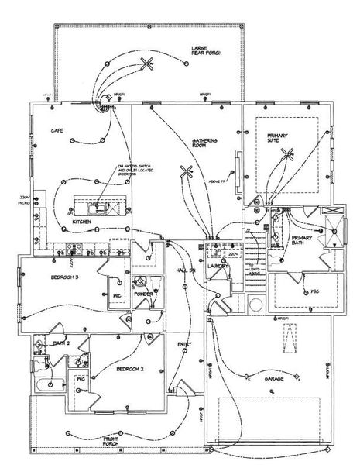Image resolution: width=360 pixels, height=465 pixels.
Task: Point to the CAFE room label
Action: point(57,130)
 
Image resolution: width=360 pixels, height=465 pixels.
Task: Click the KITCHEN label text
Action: point(83,222)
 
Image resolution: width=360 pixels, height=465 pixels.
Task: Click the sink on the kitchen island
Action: point(99,207)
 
